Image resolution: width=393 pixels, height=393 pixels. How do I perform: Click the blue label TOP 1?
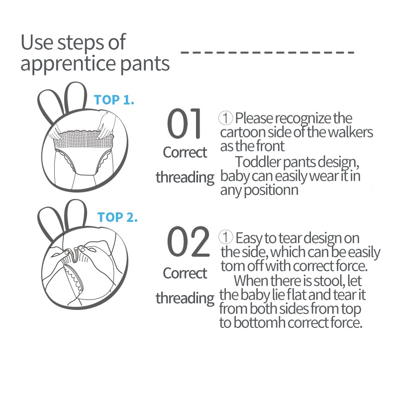[114, 100]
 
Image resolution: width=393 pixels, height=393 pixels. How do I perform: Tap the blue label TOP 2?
[117, 217]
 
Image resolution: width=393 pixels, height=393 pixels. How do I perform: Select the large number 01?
[184, 123]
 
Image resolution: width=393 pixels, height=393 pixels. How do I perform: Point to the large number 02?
[188, 241]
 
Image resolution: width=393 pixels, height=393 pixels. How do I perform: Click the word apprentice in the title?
[68, 64]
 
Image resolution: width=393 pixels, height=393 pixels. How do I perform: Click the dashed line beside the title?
[267, 52]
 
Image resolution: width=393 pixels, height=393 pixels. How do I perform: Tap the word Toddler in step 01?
[258, 162]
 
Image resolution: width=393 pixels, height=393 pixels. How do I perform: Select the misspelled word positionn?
[271, 191]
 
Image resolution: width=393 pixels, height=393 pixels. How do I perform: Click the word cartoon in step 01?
[243, 132]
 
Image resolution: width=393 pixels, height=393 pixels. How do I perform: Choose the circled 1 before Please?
[225, 118]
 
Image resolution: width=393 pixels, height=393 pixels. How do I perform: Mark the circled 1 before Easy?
[225, 237]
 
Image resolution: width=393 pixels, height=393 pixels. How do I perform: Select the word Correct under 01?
[185, 152]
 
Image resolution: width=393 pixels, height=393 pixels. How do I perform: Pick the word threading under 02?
[185, 298]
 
